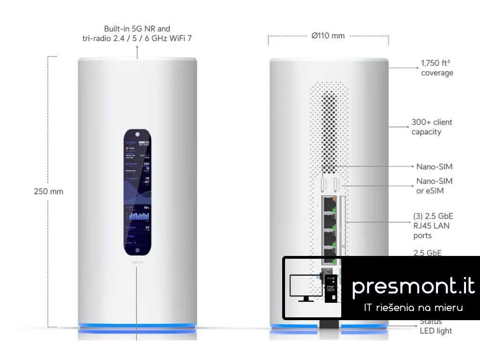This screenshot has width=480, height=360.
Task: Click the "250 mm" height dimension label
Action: click(48, 191)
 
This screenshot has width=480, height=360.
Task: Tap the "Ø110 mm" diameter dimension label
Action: click(328, 36)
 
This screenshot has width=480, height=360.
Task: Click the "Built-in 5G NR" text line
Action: click(137, 29)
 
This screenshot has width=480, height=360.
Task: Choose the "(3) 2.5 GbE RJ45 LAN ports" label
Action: click(433, 226)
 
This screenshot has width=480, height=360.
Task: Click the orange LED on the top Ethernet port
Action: click(333, 200)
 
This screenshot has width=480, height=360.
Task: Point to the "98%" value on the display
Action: click(146, 207)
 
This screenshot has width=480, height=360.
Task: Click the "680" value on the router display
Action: click(146, 164)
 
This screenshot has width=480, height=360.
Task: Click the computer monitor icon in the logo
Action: click(304, 287)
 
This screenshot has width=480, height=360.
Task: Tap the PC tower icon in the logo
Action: click(332, 288)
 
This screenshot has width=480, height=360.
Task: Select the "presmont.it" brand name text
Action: click(413, 285)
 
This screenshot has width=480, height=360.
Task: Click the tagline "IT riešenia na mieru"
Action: click(413, 307)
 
